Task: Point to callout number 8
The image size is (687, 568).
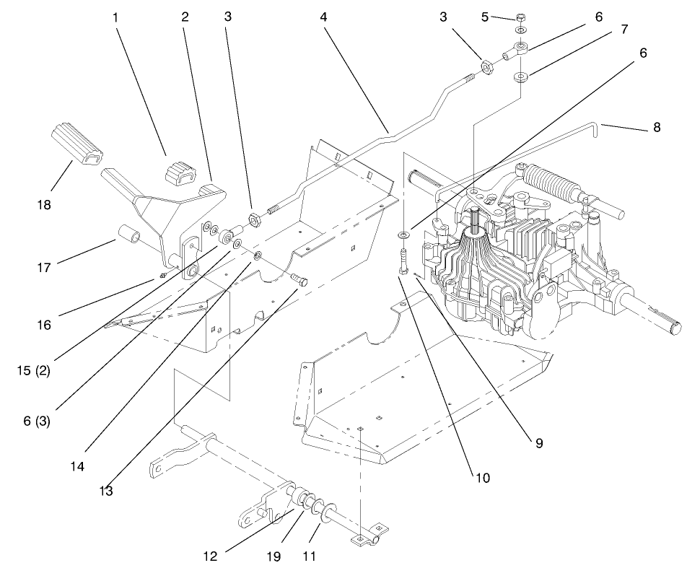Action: click(x=656, y=128)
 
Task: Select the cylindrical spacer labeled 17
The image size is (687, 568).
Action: click(x=131, y=236)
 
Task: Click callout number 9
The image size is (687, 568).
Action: click(x=538, y=444)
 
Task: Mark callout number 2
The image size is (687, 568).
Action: click(x=185, y=16)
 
